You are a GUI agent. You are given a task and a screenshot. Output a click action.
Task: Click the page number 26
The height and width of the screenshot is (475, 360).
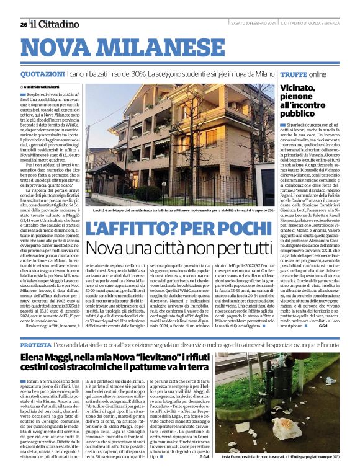[x=23, y=24]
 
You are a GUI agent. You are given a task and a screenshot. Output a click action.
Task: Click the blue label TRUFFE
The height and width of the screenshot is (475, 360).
[x=294, y=74]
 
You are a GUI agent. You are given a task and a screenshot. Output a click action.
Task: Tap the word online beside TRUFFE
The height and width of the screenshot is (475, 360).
[x=317, y=74]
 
